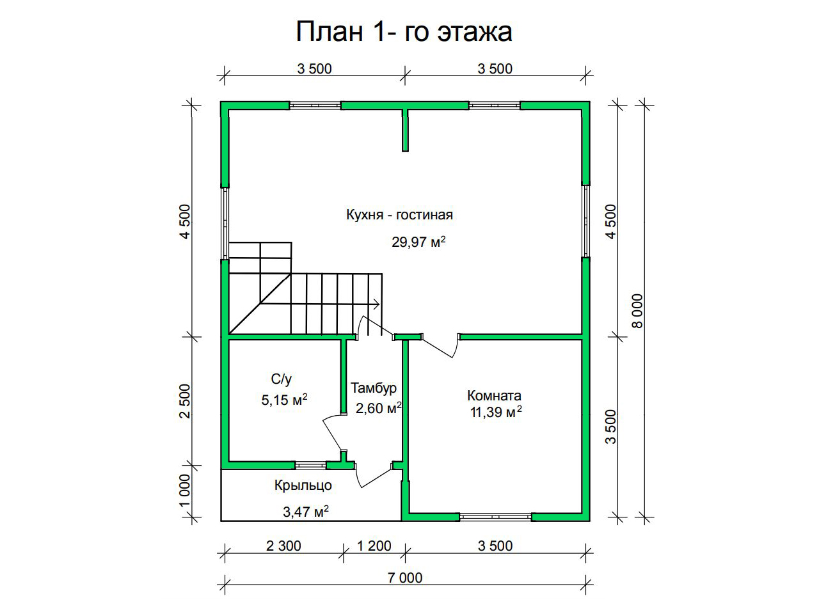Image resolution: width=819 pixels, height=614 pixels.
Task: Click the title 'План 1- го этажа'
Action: click(404, 32)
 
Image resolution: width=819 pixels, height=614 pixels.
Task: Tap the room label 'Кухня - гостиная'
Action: click(400, 215)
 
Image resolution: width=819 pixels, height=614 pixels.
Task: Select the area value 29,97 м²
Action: click(418, 242)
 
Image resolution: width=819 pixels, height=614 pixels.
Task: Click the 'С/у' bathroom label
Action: click(282, 379)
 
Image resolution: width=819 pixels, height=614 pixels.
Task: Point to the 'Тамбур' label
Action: click(374, 388)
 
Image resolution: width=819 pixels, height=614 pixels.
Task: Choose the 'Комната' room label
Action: click(494, 395)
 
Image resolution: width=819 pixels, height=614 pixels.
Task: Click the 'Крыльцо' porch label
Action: click(303, 485)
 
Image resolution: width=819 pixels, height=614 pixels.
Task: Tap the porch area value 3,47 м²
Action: click(306, 512)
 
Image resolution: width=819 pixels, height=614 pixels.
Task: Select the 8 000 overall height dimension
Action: click(638, 311)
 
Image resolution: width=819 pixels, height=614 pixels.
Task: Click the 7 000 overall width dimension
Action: click(405, 578)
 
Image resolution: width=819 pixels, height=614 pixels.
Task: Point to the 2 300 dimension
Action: click(283, 546)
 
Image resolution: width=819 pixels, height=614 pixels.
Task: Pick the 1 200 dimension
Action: click(374, 546)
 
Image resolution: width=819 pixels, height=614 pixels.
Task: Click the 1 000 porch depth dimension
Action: click(185, 491)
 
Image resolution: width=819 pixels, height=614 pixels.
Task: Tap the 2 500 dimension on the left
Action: click(185, 401)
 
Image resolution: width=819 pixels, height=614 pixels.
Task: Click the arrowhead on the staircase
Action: click(377, 304)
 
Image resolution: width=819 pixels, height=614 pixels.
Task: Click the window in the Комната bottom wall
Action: click(495, 517)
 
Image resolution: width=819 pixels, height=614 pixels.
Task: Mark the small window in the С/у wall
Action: click(311, 465)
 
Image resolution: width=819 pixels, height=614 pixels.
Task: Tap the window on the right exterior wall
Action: click(586, 221)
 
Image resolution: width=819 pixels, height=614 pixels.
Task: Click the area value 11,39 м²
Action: click(496, 413)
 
